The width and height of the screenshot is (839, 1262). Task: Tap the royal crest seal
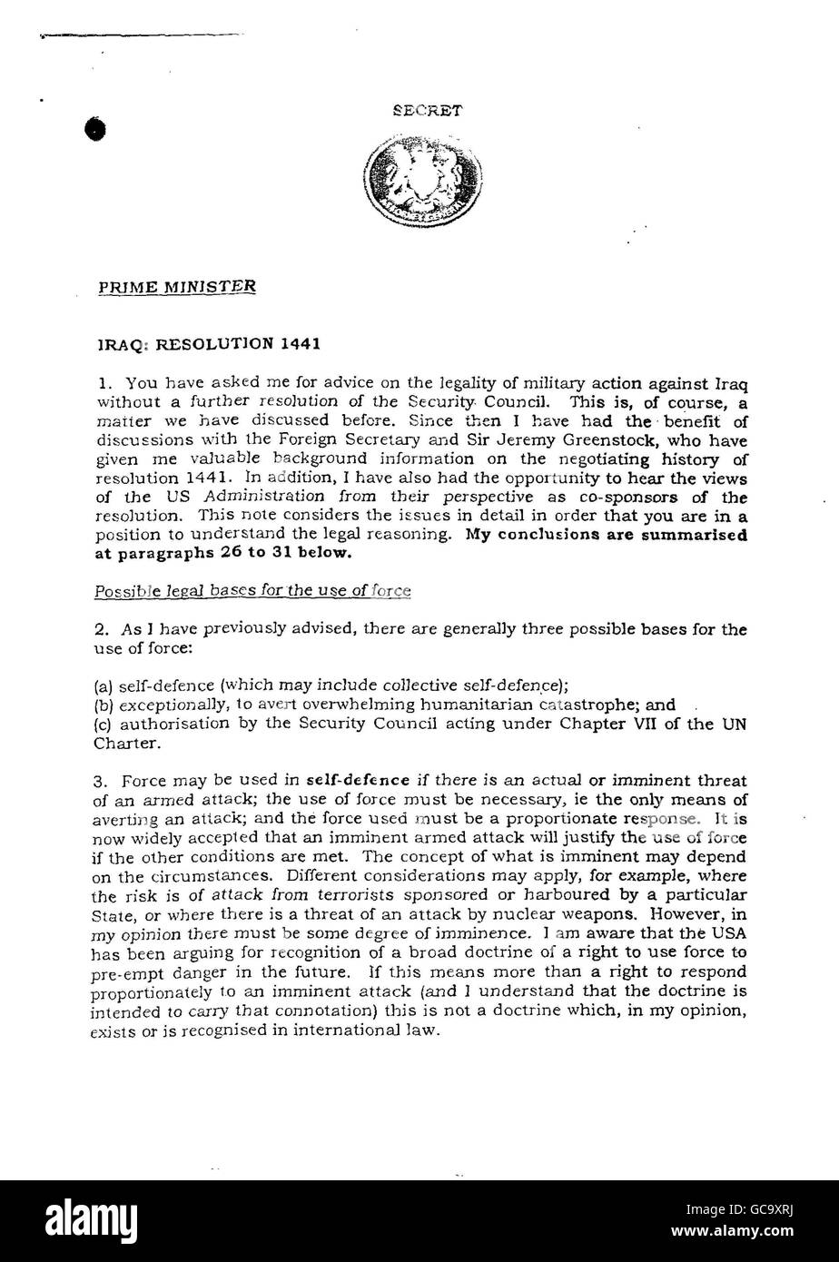[x=422, y=177]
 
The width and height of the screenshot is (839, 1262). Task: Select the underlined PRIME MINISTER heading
[x=177, y=287]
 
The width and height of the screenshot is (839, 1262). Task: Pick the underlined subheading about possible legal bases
[x=253, y=591]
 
